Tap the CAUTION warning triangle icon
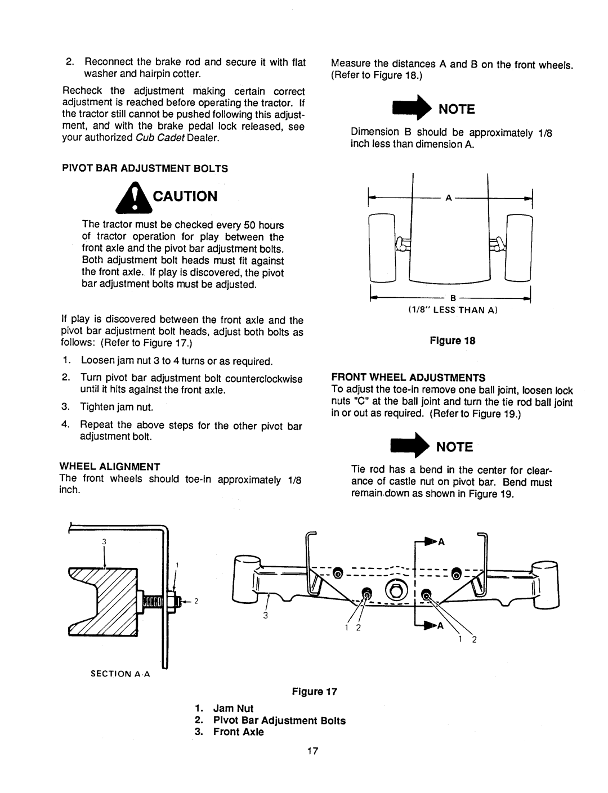coord(129,198)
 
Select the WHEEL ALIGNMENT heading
coord(111,466)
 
